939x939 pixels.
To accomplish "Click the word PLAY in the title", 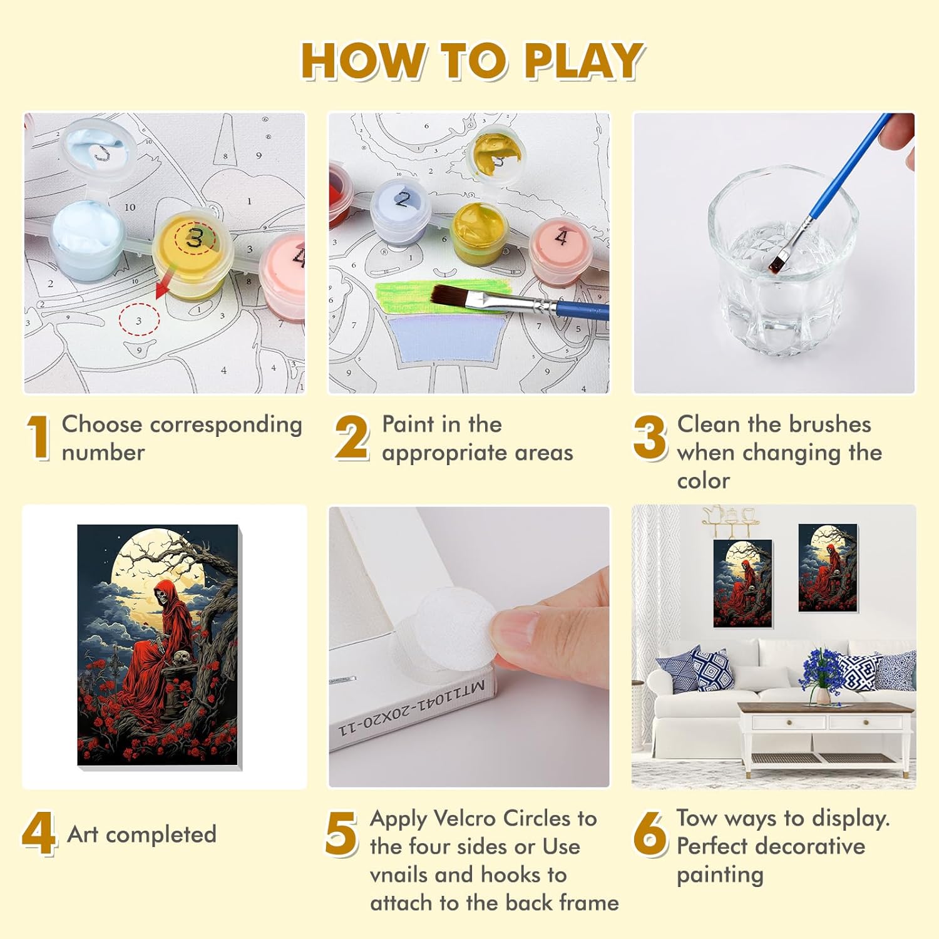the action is [x=583, y=61].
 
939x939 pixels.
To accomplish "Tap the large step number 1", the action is [x=39, y=438].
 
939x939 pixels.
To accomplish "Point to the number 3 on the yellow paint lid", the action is [x=195, y=239].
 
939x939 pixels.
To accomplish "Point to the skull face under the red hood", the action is [x=163, y=594].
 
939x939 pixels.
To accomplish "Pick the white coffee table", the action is [x=825, y=736].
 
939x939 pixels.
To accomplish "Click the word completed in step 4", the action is [x=161, y=835].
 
